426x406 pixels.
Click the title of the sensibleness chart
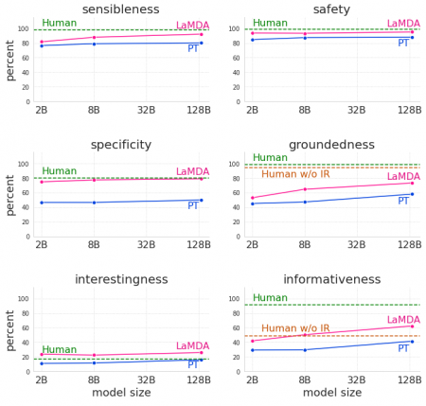point(120,9)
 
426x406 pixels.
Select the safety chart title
point(331,9)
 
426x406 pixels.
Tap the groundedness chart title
point(331,145)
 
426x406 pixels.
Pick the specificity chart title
point(120,145)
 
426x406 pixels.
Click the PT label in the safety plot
point(403,44)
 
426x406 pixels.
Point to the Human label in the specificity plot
point(59,171)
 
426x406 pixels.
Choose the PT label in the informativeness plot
point(403,348)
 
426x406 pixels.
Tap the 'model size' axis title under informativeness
point(331,393)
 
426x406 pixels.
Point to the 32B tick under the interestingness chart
point(146,380)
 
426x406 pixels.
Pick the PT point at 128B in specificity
point(201,200)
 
